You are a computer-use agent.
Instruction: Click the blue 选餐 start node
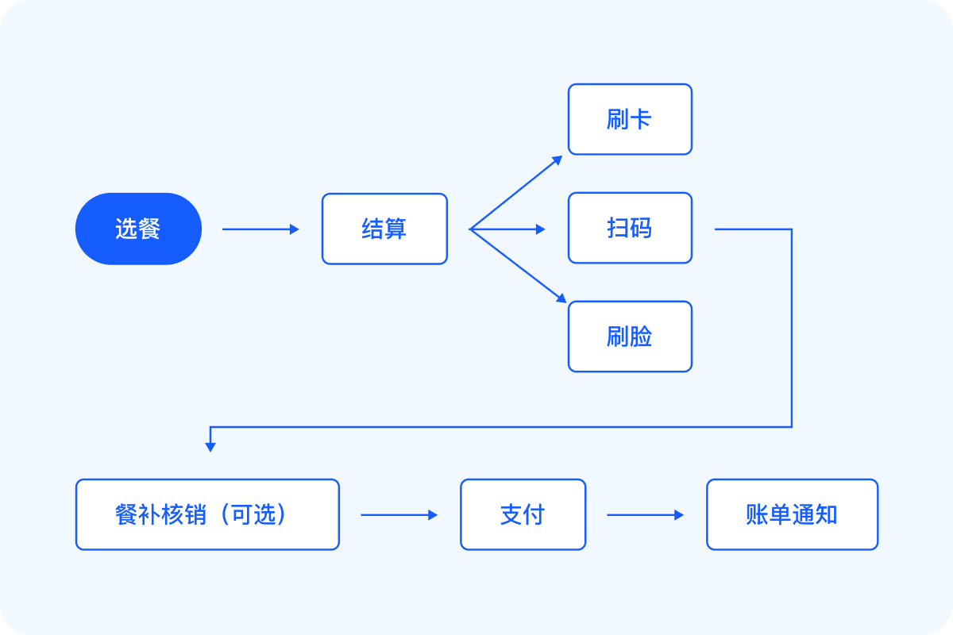tap(138, 229)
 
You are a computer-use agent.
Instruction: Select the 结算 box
tap(384, 229)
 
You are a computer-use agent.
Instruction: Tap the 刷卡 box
tap(630, 119)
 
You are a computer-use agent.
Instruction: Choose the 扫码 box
tap(630, 228)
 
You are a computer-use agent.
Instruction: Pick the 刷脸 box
tap(630, 336)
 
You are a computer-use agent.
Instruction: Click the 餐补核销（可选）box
tap(207, 514)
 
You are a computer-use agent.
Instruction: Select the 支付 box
tap(523, 514)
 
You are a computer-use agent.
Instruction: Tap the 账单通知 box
tap(792, 514)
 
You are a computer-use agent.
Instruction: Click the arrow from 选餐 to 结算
tap(260, 229)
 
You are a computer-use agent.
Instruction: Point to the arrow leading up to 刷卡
tap(516, 192)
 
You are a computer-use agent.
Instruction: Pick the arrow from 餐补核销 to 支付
tap(399, 515)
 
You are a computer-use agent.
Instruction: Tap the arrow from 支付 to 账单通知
tap(645, 515)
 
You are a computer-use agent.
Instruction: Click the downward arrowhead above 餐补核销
tap(210, 446)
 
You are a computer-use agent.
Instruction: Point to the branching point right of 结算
tap(470, 229)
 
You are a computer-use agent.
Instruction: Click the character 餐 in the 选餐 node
tap(149, 229)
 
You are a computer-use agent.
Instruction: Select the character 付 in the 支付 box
tap(534, 514)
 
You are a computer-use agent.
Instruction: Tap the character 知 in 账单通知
tap(827, 514)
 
